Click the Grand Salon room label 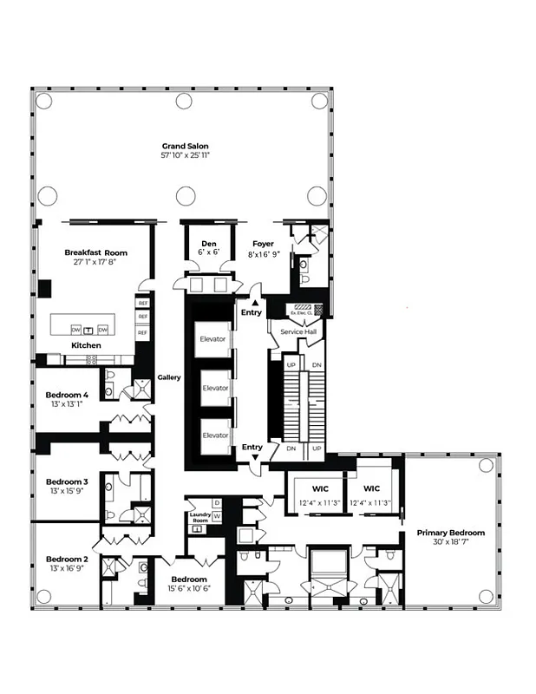(x=186, y=146)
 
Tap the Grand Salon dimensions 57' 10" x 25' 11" (x=186, y=155)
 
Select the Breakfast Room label (x=95, y=252)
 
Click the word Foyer (x=263, y=244)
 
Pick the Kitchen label (x=86, y=345)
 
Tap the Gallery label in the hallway (x=168, y=377)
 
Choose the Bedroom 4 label (x=67, y=395)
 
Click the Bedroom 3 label (x=67, y=481)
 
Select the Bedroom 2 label (x=67, y=560)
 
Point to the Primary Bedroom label (x=450, y=533)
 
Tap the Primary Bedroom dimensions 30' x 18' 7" (x=450, y=542)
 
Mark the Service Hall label (x=296, y=331)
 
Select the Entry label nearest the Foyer (x=252, y=312)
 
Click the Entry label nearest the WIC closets (x=252, y=447)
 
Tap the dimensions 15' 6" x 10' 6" (x=188, y=589)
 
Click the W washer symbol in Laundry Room (x=217, y=515)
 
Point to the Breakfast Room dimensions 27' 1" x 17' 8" (x=95, y=262)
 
